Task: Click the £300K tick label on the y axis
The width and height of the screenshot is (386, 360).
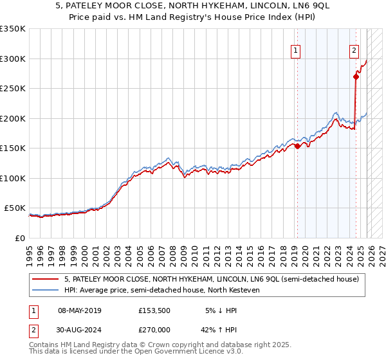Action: coord(13,59)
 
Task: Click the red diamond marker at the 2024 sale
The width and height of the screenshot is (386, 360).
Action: coord(356,76)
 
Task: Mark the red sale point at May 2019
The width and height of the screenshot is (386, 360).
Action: coord(297,146)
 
